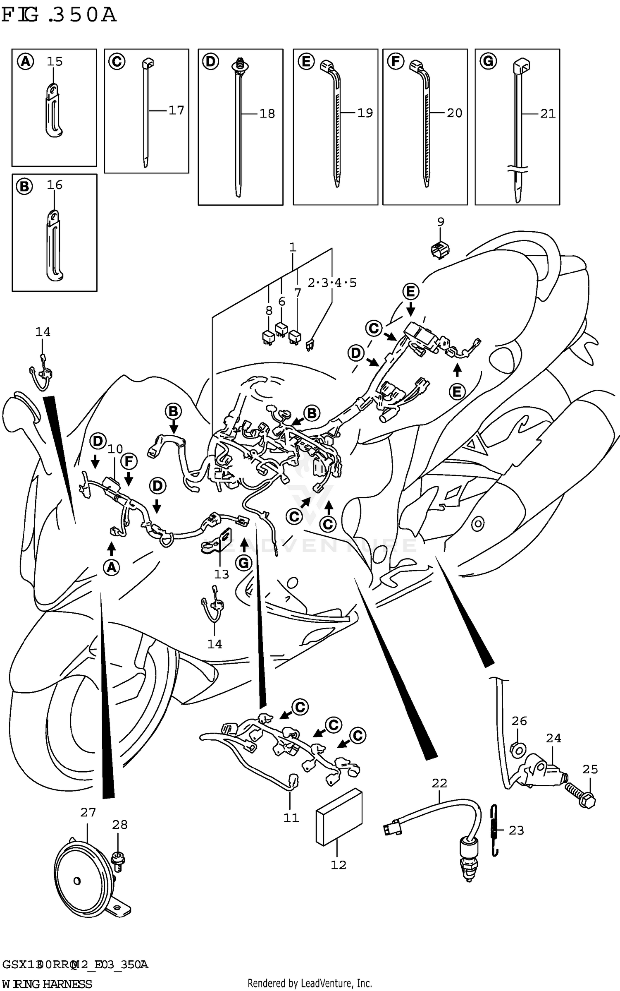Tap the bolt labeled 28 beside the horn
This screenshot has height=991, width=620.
118,859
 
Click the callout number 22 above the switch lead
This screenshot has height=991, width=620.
439,783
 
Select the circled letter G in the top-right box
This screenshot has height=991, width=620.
488,62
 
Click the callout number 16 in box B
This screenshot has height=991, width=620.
55,185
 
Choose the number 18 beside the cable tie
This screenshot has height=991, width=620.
267,113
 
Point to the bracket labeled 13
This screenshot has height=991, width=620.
218,542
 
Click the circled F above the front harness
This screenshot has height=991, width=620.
129,461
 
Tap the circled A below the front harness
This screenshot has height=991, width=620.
111,567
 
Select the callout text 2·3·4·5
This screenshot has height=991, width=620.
332,283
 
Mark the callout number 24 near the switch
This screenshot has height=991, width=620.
553,738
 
